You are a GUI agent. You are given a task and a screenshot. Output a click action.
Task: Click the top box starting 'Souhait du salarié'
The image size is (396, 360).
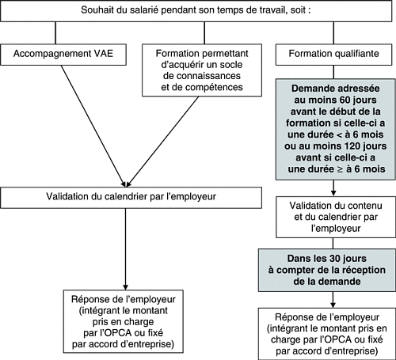(x=196, y=10)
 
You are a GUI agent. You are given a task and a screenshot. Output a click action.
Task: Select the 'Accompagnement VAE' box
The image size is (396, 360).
(x=63, y=55)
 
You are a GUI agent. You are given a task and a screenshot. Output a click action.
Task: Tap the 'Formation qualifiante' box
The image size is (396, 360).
(x=333, y=55)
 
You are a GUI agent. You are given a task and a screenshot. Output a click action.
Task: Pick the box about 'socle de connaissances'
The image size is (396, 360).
(x=202, y=70)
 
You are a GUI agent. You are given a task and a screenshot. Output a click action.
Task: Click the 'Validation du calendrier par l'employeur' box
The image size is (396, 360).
(x=131, y=198)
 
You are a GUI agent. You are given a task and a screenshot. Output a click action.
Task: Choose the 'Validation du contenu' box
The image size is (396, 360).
(x=336, y=217)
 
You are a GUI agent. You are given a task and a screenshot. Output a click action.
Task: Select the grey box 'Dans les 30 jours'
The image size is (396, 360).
(x=327, y=270)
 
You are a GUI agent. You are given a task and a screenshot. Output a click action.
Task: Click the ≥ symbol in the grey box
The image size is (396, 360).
(x=340, y=169)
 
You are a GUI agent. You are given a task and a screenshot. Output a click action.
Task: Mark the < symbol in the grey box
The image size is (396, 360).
(x=339, y=135)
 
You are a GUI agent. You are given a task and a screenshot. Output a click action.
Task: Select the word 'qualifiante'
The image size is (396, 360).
(x=354, y=54)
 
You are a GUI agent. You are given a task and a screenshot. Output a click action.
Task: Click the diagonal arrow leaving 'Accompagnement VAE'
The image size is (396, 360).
(x=93, y=126)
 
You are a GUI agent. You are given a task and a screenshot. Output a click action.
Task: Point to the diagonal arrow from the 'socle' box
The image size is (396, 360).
(x=162, y=142)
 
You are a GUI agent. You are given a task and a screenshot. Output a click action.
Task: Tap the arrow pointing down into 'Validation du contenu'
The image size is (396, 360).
(x=333, y=188)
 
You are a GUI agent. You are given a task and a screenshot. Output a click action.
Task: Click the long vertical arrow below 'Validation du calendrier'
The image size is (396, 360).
(x=125, y=249)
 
